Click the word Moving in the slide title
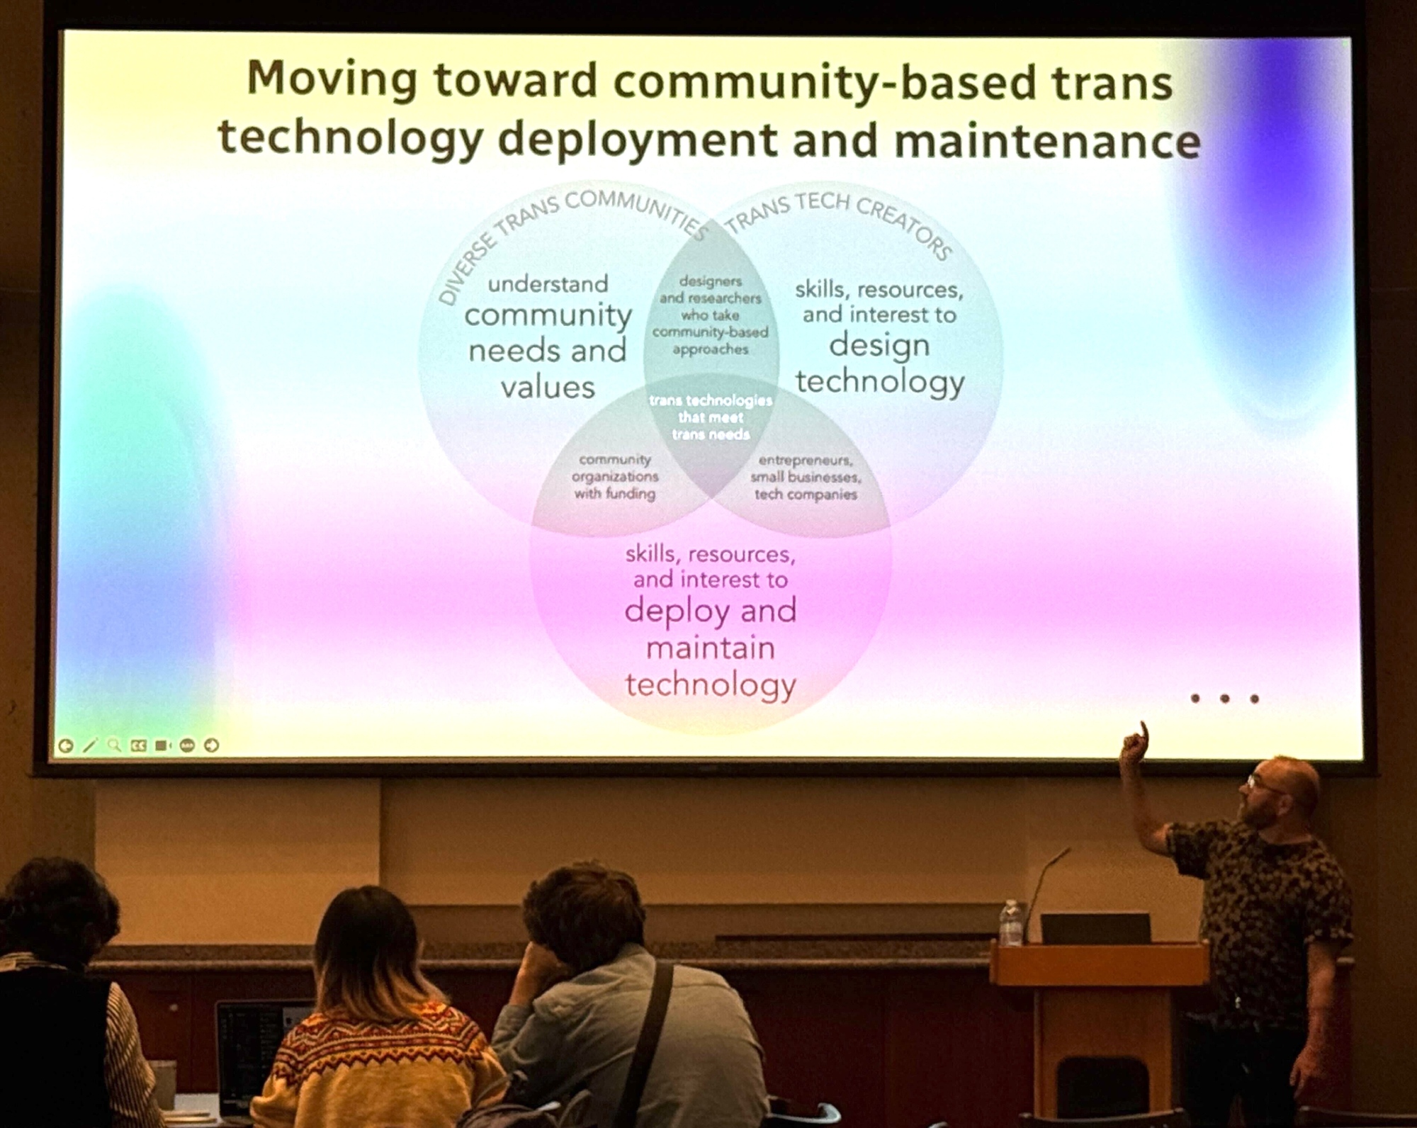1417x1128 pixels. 332,80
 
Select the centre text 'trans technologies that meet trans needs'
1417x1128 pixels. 711,417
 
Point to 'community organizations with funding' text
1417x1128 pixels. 615,477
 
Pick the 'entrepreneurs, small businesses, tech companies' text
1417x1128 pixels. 806,478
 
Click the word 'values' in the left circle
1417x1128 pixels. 548,387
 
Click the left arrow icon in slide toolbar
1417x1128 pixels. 65,745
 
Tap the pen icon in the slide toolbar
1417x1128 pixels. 90,745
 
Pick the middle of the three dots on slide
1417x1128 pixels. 1224,699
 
